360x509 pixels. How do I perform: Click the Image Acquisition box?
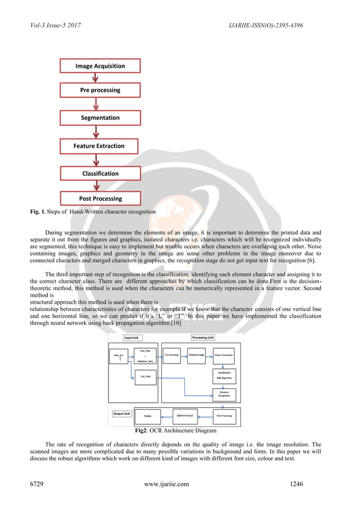(100, 66)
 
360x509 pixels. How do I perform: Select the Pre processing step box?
(100, 90)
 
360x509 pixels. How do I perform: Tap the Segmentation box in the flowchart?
(100, 118)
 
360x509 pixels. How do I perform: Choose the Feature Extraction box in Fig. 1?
(100, 146)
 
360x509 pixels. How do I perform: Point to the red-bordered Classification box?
(100, 174)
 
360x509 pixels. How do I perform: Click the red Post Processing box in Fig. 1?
(100, 199)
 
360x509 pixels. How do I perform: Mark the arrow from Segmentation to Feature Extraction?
(100, 132)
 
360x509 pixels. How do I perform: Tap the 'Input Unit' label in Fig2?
(133, 338)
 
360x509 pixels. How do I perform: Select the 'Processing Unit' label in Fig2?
(203, 337)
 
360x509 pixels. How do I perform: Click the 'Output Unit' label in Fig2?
(122, 414)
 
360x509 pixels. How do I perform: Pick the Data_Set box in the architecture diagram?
(118, 356)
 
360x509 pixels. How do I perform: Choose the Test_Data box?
(146, 377)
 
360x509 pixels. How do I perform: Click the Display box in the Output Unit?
(147, 416)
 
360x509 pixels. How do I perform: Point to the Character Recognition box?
(224, 395)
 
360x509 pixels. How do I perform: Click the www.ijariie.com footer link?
(166, 484)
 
